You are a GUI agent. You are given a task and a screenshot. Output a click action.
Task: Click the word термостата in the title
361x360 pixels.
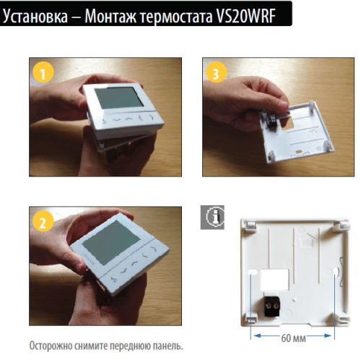point(177,14)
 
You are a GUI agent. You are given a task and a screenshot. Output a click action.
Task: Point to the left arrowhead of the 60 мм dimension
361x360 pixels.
point(253,336)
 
